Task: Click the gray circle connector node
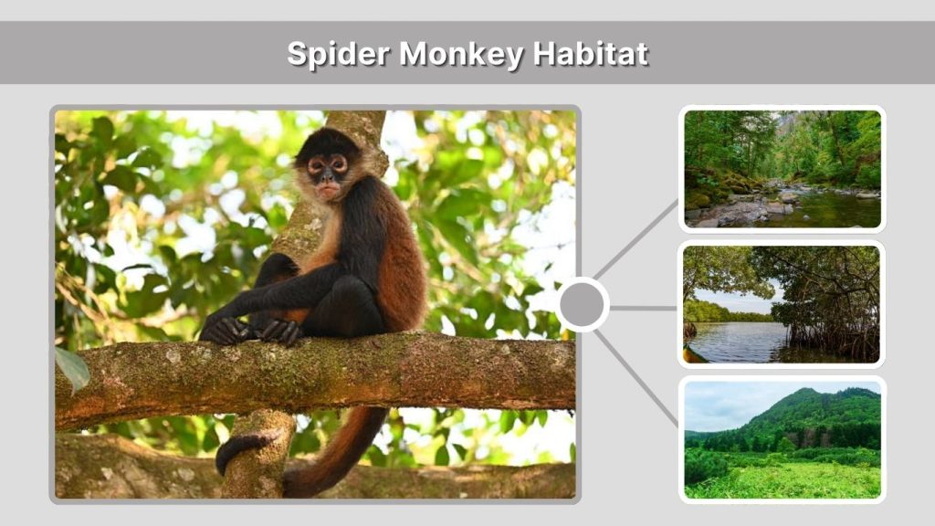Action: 583,305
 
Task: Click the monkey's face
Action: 327,173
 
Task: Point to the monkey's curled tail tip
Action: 230,452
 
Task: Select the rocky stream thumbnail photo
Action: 782,169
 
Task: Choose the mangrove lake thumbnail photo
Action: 782,304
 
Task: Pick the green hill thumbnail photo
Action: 782,439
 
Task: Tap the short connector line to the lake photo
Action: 643,308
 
